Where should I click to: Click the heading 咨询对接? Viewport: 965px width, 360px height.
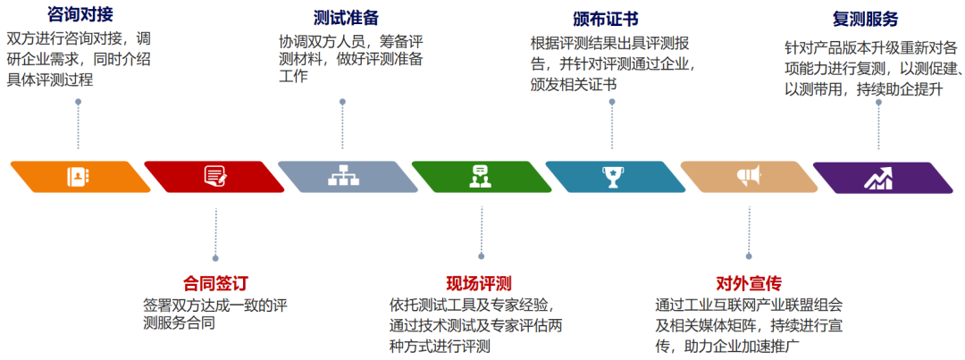click(80, 14)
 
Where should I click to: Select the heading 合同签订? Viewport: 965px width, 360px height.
click(215, 283)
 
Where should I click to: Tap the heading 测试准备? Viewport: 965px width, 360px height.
click(347, 18)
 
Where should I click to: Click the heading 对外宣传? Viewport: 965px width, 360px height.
click(749, 283)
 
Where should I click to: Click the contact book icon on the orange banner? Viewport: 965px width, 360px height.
click(79, 177)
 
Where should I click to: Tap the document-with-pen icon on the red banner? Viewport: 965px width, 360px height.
click(214, 176)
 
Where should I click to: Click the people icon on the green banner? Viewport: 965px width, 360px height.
click(479, 177)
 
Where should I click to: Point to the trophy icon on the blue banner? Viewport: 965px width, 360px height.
click(612, 177)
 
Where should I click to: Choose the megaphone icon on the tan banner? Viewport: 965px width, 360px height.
click(747, 176)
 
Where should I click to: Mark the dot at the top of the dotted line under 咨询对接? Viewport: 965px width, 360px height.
click(79, 103)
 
